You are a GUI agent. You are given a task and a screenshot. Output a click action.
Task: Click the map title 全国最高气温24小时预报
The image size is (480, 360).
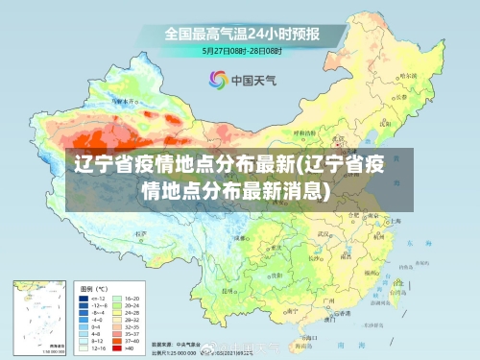tap(241, 33)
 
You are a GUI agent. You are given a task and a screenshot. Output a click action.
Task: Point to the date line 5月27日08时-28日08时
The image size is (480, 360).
tap(241, 49)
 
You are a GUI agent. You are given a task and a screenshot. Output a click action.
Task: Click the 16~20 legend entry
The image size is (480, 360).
tap(132, 298)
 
